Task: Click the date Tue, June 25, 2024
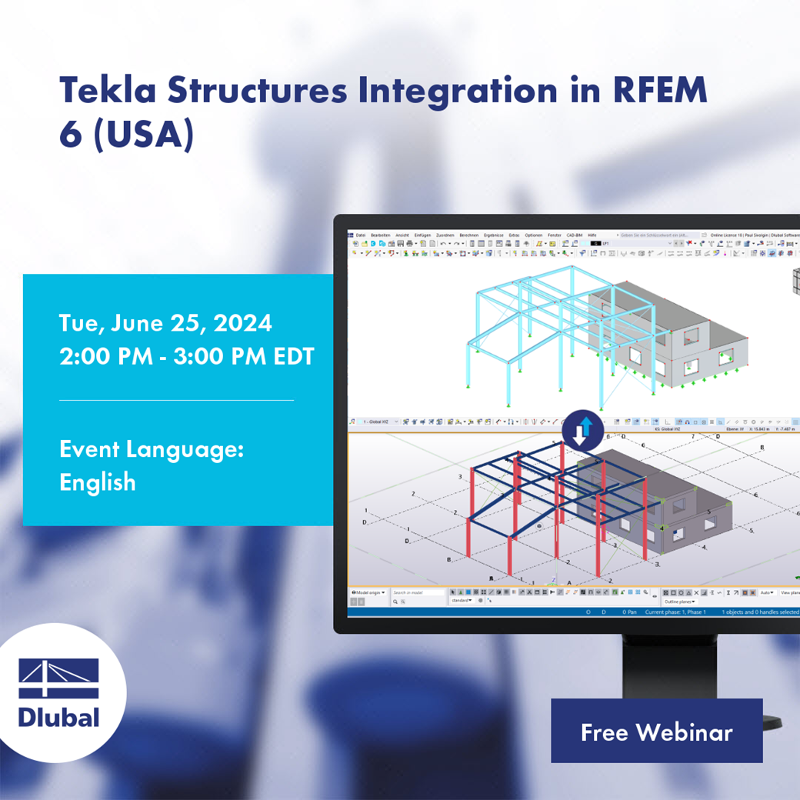165,323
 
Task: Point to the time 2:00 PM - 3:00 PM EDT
187,358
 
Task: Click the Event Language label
152,449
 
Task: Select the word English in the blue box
98,483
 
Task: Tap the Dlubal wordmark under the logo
59,718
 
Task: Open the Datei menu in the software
361,235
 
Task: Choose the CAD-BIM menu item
574,235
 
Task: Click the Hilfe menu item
592,235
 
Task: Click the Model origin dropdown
368,593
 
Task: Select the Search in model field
418,593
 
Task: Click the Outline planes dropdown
680,601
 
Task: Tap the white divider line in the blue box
176,400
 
